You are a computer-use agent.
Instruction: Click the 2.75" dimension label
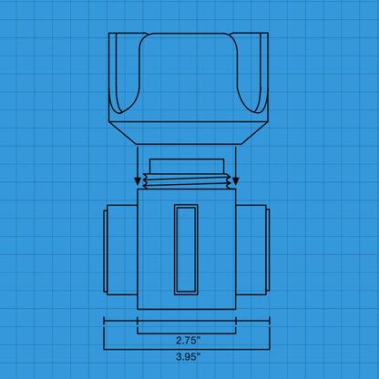[189, 339]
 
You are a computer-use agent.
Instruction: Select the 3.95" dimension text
[189, 357]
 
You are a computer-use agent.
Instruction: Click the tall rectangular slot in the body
[187, 249]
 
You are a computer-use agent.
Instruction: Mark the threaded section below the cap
[187, 183]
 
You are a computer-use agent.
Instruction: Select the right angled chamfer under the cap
[254, 133]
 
